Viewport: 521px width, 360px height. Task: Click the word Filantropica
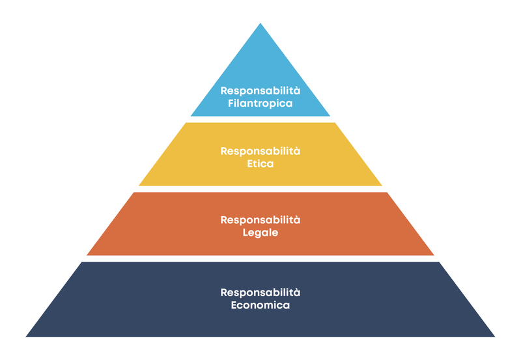(260, 103)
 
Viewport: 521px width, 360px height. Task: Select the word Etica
(260, 163)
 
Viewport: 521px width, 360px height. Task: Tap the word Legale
(260, 232)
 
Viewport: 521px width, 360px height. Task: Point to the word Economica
(260, 305)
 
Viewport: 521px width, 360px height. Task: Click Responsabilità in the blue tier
(260, 90)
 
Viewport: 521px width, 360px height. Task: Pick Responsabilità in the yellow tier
(260, 151)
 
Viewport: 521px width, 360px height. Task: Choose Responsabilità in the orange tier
(260, 220)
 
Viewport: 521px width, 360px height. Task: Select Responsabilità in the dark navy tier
(260, 292)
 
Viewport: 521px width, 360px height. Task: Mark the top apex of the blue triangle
(260, 24)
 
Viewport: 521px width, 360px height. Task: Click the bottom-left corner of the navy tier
(27, 336)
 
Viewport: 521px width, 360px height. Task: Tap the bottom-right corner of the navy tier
(494, 336)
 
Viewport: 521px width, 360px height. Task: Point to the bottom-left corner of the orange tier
(88, 255)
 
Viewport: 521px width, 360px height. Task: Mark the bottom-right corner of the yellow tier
(381, 186)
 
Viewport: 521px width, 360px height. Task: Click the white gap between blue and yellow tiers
(260, 119)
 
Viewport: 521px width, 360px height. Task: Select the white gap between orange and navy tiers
(260, 258)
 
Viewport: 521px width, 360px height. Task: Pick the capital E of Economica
(234, 305)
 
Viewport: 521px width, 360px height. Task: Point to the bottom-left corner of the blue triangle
(191, 116)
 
